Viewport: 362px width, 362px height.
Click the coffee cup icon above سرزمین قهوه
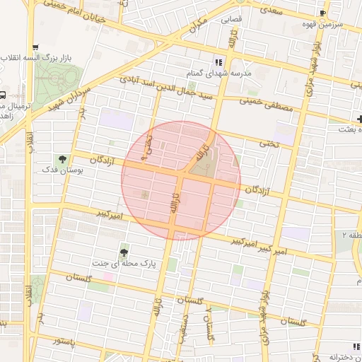coord(323,13)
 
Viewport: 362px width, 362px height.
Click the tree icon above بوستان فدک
coord(64,160)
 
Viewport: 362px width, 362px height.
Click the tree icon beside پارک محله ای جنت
coord(124,252)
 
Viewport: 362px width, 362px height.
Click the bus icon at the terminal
coord(4,95)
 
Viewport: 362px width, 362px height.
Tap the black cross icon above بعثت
coord(360,118)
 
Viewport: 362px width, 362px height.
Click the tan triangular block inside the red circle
coord(203,164)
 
